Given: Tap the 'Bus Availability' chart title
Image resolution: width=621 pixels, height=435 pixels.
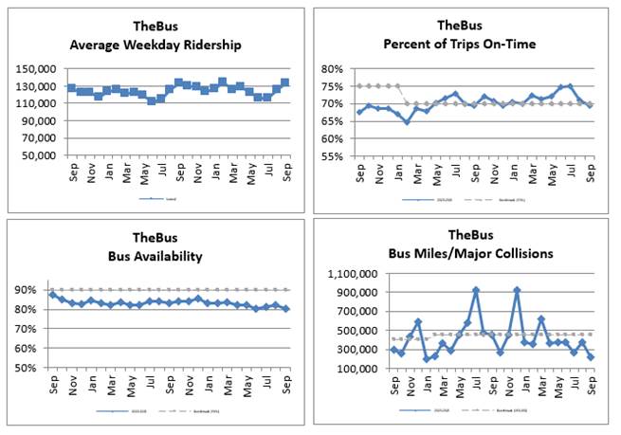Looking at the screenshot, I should pos(154,255).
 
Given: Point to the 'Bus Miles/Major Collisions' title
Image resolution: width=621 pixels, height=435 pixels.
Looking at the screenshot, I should pos(459,253).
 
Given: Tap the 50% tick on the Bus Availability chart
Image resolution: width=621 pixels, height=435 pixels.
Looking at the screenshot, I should pos(27,368).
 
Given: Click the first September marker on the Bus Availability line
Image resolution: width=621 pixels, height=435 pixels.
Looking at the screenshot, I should pos(52,295).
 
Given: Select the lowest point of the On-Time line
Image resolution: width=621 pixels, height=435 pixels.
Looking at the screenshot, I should pos(407,121).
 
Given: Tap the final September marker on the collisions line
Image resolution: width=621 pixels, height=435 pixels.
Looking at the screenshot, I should pos(592,357).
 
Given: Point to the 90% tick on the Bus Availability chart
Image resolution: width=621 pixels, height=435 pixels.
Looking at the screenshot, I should pos(27,290).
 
